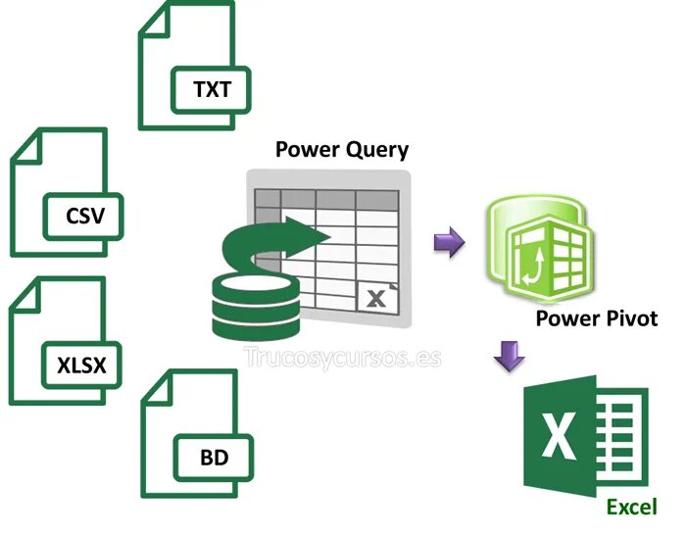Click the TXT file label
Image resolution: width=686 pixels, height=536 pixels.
[x=212, y=90]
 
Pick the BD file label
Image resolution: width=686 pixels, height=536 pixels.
[x=213, y=457]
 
